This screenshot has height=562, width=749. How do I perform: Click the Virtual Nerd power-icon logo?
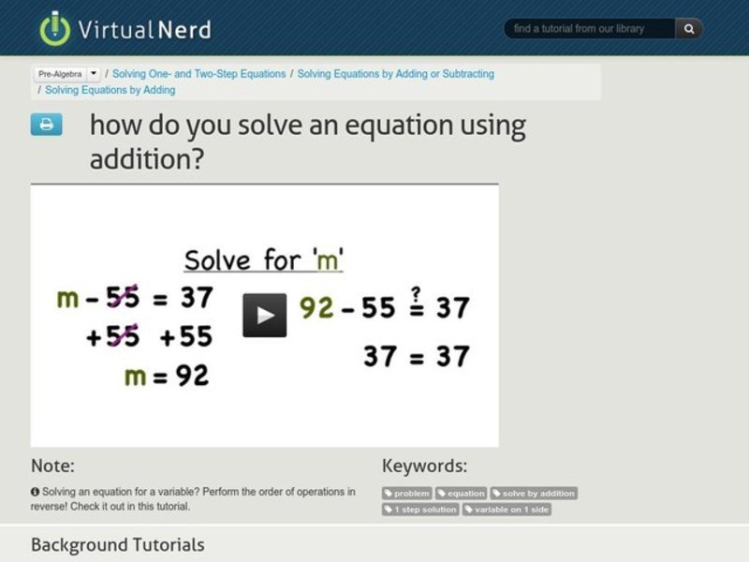(55, 28)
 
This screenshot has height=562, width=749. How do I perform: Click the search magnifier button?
(689, 29)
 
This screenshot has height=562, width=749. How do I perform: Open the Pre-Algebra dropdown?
(67, 74)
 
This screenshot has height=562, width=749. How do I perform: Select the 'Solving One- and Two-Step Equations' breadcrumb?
(198, 74)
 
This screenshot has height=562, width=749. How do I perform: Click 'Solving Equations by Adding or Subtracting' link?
(395, 74)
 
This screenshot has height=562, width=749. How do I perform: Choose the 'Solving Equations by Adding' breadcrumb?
(110, 91)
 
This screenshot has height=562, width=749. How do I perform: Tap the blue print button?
(46, 125)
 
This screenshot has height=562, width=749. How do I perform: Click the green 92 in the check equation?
(316, 307)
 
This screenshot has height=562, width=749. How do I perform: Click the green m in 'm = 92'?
(135, 376)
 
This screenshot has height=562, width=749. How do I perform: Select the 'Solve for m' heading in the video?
(263, 259)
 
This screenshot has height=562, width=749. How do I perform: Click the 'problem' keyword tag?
(407, 494)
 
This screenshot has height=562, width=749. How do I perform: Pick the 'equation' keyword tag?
(462, 494)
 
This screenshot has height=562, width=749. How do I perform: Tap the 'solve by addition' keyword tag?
(534, 494)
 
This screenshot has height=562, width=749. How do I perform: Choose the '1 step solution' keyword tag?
(420, 510)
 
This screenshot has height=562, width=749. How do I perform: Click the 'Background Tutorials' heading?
(117, 544)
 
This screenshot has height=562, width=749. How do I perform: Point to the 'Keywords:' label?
(424, 466)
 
